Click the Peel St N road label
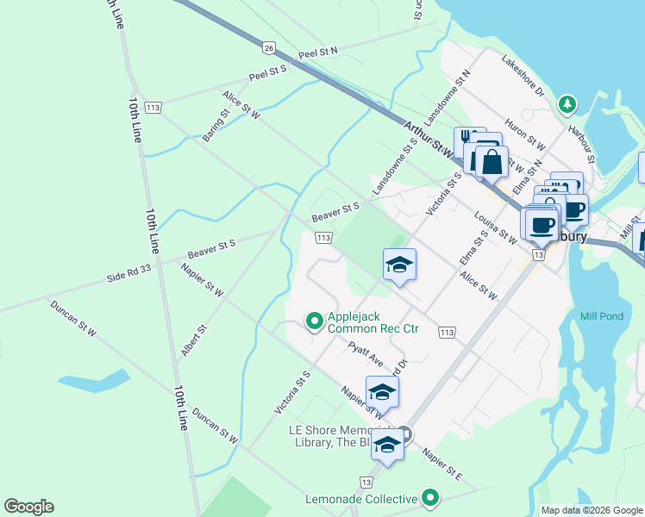(318, 53)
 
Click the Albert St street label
(194, 341)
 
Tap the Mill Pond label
(601, 316)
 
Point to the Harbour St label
(582, 146)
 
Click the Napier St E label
(441, 463)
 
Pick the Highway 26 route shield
(270, 47)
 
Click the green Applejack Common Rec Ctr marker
(315, 321)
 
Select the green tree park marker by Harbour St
(567, 105)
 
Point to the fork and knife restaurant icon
(468, 138)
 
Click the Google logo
(28, 507)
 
